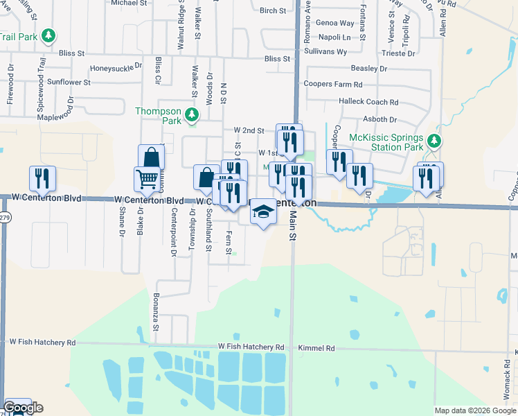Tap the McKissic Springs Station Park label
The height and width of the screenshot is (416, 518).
point(386,142)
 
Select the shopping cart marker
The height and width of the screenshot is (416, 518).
point(146,179)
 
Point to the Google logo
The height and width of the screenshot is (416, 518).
point(23,408)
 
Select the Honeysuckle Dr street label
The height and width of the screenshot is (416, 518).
point(116,69)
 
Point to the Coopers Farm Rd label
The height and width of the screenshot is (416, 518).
point(333,85)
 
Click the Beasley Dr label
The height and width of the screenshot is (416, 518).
point(369,69)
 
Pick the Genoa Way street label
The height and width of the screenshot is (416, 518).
point(335,23)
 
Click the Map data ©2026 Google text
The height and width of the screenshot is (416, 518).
point(474,410)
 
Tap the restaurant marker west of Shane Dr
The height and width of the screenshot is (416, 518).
point(42,178)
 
